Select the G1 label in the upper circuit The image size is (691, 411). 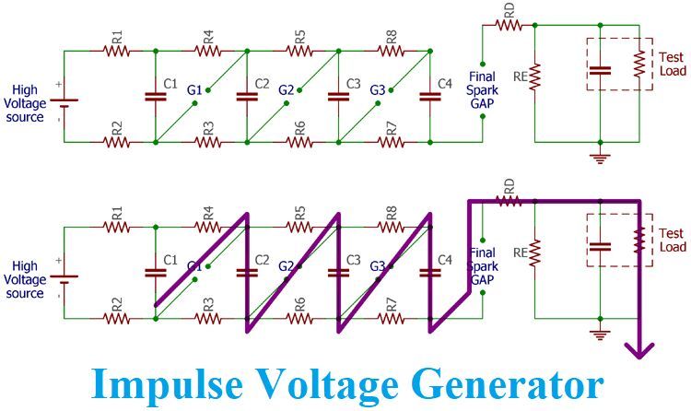[x=193, y=90]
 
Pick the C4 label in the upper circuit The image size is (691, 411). [x=445, y=85]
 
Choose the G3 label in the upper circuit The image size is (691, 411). [x=376, y=90]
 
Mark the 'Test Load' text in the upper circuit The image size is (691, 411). [x=673, y=65]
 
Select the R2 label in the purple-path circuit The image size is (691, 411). [x=117, y=303]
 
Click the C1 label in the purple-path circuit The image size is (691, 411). [x=170, y=261]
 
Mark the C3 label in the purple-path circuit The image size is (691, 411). [x=353, y=261]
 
